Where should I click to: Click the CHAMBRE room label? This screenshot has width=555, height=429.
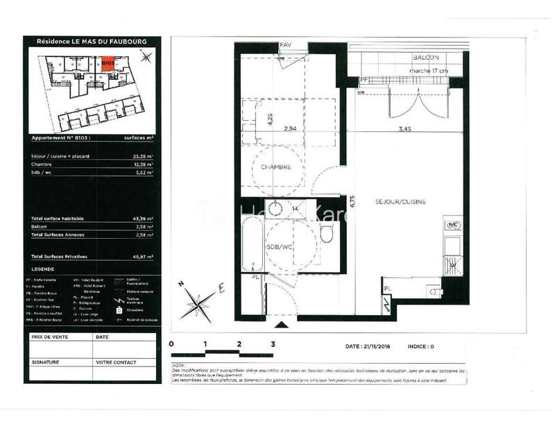coord(276,168)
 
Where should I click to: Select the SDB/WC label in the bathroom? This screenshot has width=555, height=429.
coord(278,247)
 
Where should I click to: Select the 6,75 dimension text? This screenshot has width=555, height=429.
coord(352,201)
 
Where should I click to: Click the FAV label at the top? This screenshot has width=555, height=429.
coord(286,46)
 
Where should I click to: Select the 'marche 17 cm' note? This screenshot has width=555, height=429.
coord(429,70)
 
